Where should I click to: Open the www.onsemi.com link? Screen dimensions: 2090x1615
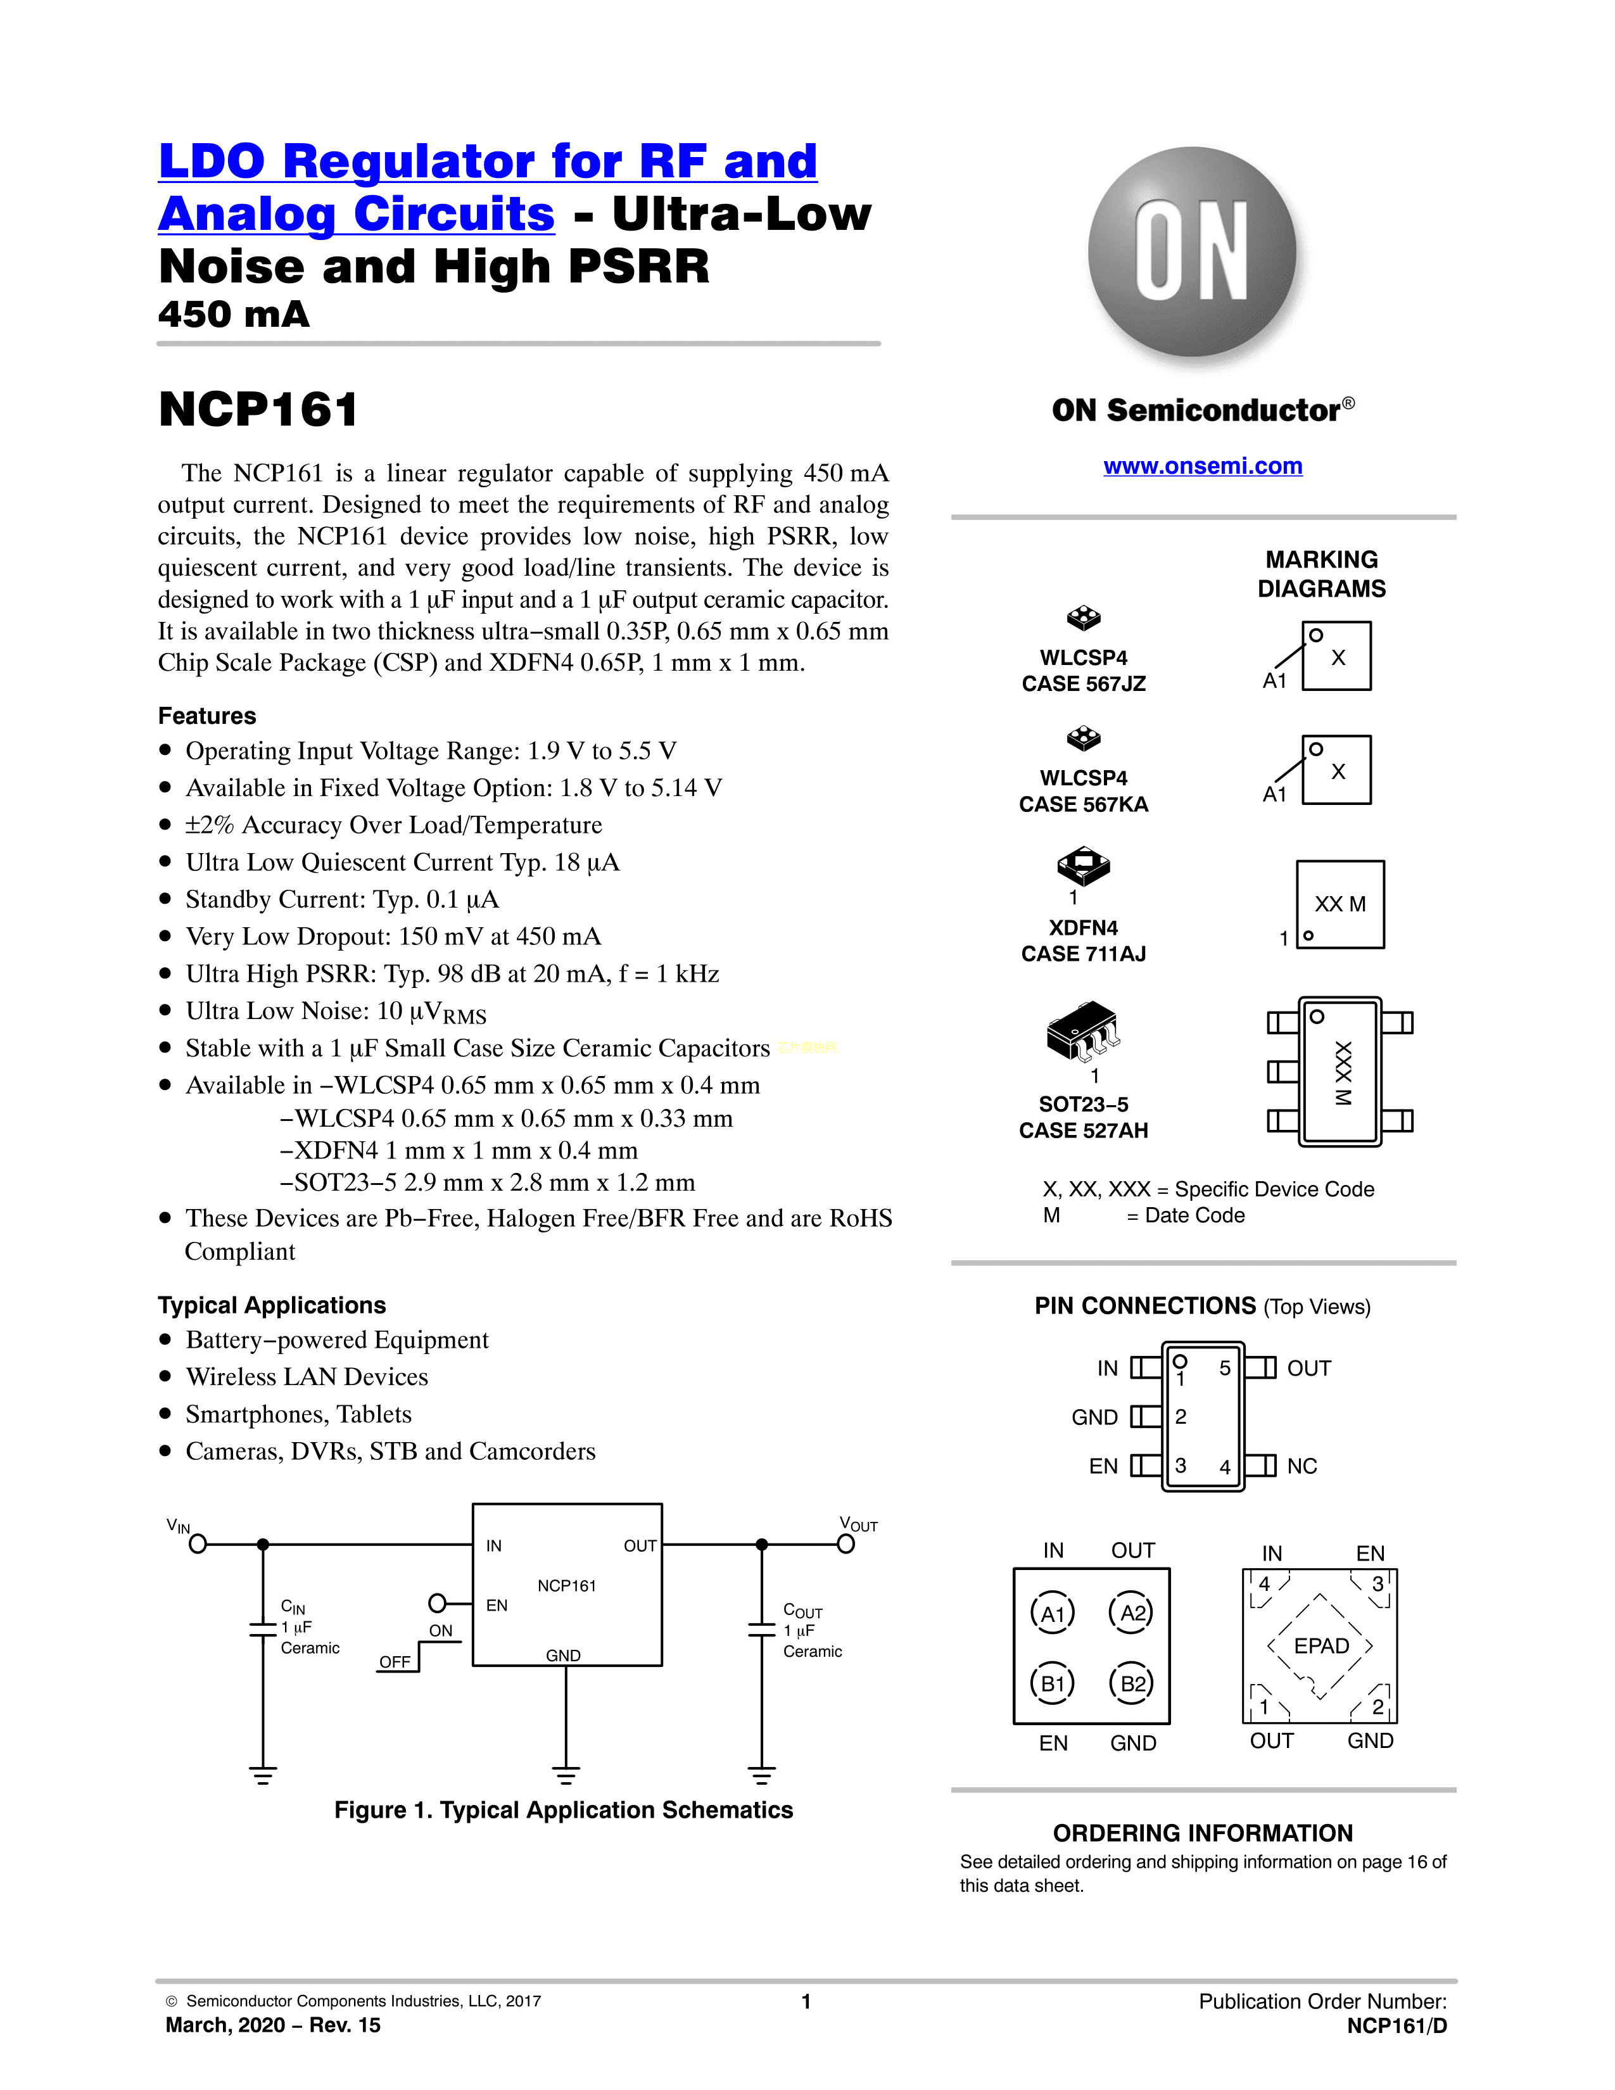(1203, 466)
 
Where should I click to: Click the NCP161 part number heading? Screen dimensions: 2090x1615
(258, 410)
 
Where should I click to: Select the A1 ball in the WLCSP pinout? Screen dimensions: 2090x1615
(1053, 1614)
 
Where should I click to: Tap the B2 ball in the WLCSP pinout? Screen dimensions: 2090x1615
(1133, 1683)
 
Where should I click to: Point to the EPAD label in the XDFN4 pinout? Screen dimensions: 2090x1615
(1321, 1646)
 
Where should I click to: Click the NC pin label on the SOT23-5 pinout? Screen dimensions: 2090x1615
(1301, 1466)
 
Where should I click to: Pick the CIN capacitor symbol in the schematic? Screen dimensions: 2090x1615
(263, 1629)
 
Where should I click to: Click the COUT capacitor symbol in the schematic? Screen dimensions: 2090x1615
(761, 1629)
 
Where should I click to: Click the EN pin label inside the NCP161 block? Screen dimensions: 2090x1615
(497, 1605)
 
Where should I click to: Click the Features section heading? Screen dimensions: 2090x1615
(206, 716)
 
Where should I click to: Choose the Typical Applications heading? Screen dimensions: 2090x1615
(272, 1305)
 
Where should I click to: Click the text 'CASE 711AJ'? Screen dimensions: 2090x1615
(1083, 953)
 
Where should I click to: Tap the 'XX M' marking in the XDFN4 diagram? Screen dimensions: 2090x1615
(1339, 904)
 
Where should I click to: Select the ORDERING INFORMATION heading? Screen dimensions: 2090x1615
(1203, 1833)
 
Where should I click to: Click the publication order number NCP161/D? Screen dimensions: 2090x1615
(1396, 2026)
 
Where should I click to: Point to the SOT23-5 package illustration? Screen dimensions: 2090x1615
(1083, 1032)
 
